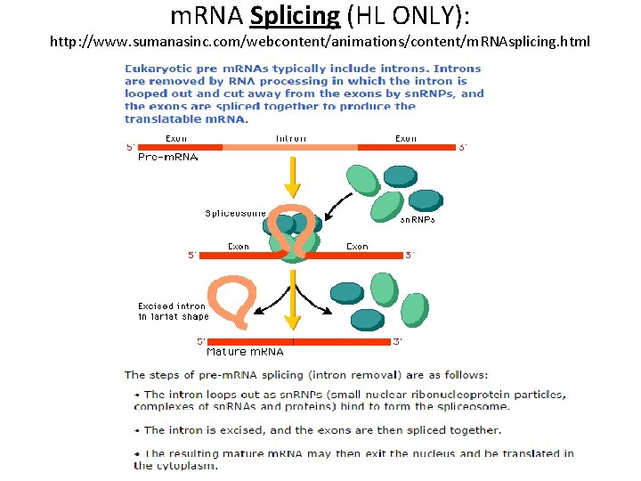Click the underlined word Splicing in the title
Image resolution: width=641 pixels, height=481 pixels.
(x=296, y=16)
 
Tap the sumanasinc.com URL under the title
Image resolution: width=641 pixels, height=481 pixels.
(x=320, y=42)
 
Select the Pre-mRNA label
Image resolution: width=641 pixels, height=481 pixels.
(x=167, y=157)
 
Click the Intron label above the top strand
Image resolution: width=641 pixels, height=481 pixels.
(x=290, y=138)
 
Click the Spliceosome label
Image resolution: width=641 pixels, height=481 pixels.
(x=235, y=213)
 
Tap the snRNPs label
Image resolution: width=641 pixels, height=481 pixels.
(x=417, y=219)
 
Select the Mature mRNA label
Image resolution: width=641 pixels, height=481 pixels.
(x=245, y=352)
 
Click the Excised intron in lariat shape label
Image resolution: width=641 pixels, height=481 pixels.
(x=173, y=311)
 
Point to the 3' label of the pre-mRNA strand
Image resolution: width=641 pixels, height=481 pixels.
(x=462, y=148)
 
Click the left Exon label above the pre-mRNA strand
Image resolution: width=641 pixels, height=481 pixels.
(x=176, y=138)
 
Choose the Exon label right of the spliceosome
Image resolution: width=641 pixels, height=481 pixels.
(x=357, y=246)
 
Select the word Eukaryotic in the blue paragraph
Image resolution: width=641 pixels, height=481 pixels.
(x=154, y=69)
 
